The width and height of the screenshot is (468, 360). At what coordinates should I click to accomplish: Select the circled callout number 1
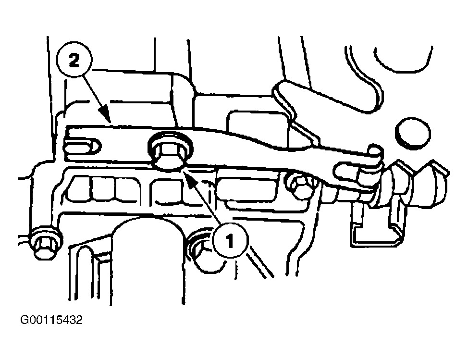[x=230, y=241]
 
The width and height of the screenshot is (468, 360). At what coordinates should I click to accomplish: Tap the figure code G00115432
[x=51, y=320]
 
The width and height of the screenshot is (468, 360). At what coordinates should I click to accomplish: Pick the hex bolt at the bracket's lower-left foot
[x=46, y=243]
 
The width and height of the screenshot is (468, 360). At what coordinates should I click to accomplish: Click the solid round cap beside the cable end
[x=413, y=133]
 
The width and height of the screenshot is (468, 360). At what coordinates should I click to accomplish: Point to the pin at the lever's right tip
[x=375, y=150]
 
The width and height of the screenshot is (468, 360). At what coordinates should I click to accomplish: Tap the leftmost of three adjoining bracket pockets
[x=79, y=189]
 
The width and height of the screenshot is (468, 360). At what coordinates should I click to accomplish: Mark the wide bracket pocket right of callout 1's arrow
[x=248, y=189]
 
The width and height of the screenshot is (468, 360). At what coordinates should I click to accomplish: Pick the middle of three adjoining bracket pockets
[x=103, y=189]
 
